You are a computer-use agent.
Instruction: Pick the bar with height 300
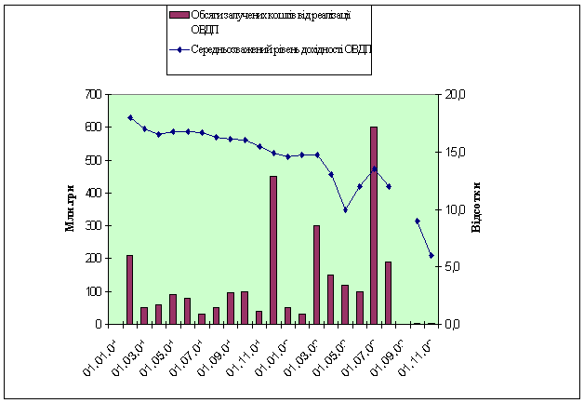[x=316, y=275]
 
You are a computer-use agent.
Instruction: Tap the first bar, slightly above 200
[x=129, y=289]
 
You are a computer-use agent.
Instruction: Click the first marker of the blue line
[x=129, y=117]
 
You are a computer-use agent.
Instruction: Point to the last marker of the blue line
[x=431, y=255]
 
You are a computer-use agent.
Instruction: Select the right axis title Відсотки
[x=476, y=209]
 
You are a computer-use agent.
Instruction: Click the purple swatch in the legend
[x=179, y=15]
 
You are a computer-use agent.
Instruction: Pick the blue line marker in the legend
[x=179, y=48]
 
